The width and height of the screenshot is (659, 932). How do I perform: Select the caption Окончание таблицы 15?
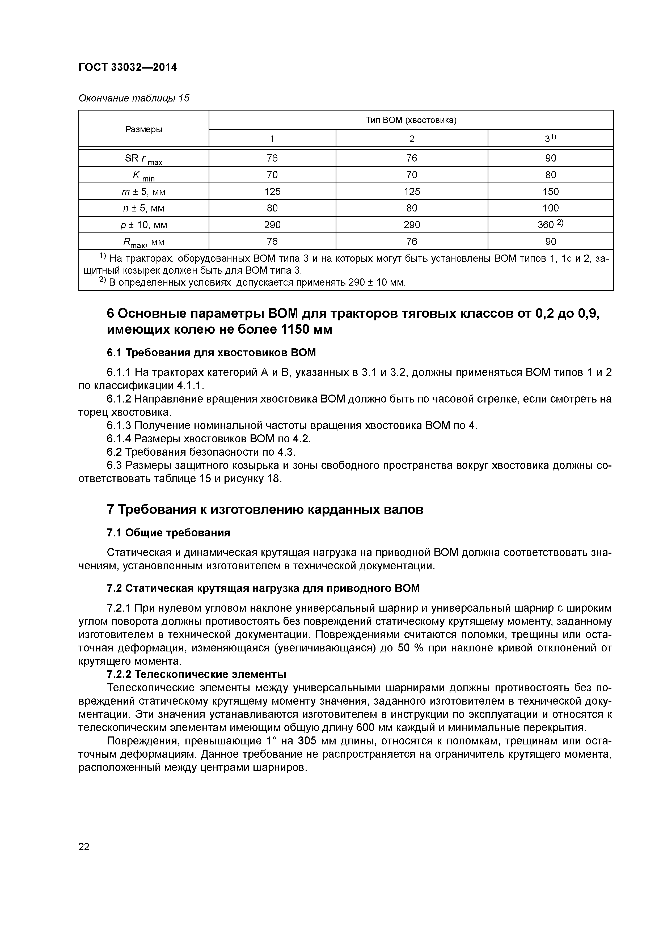click(134, 98)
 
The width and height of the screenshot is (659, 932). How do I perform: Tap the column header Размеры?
click(144, 129)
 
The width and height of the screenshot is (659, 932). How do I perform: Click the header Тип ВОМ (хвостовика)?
click(411, 120)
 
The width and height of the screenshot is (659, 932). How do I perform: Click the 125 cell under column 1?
click(272, 192)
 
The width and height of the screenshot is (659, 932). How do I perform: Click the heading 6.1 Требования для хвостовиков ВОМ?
click(211, 352)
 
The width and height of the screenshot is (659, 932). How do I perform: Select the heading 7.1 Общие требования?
click(168, 533)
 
